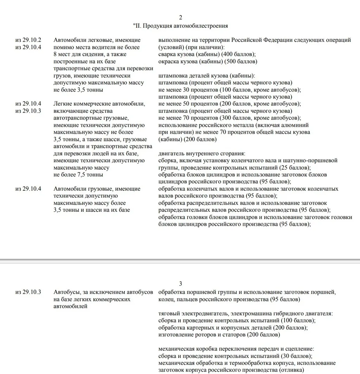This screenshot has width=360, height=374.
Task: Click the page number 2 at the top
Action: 181,18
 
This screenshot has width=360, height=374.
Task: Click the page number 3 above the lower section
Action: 181,284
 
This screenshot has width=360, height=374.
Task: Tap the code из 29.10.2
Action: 28,40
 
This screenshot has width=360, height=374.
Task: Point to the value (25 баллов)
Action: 294,168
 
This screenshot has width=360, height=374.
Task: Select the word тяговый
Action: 169,314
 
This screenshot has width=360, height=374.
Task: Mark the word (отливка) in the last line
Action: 290,370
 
